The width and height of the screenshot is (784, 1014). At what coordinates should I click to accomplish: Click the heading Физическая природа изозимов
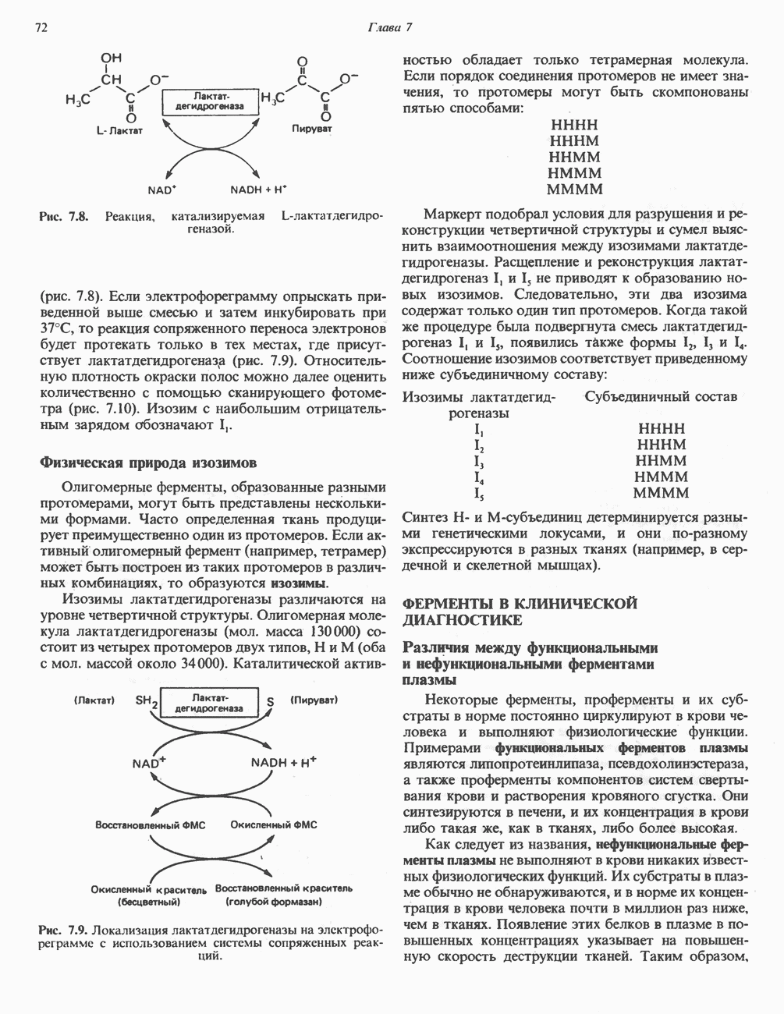[x=144, y=463]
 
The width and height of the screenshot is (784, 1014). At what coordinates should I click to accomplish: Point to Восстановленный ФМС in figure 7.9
[x=150, y=824]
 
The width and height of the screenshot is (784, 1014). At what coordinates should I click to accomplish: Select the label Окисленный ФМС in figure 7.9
[x=274, y=824]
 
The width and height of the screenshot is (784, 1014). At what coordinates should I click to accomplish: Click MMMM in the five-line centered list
[x=575, y=190]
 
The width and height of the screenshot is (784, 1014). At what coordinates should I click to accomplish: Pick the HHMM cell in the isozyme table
[x=661, y=461]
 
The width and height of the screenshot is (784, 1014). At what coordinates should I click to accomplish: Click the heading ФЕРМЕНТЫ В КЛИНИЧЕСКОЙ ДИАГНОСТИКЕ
[x=519, y=612]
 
